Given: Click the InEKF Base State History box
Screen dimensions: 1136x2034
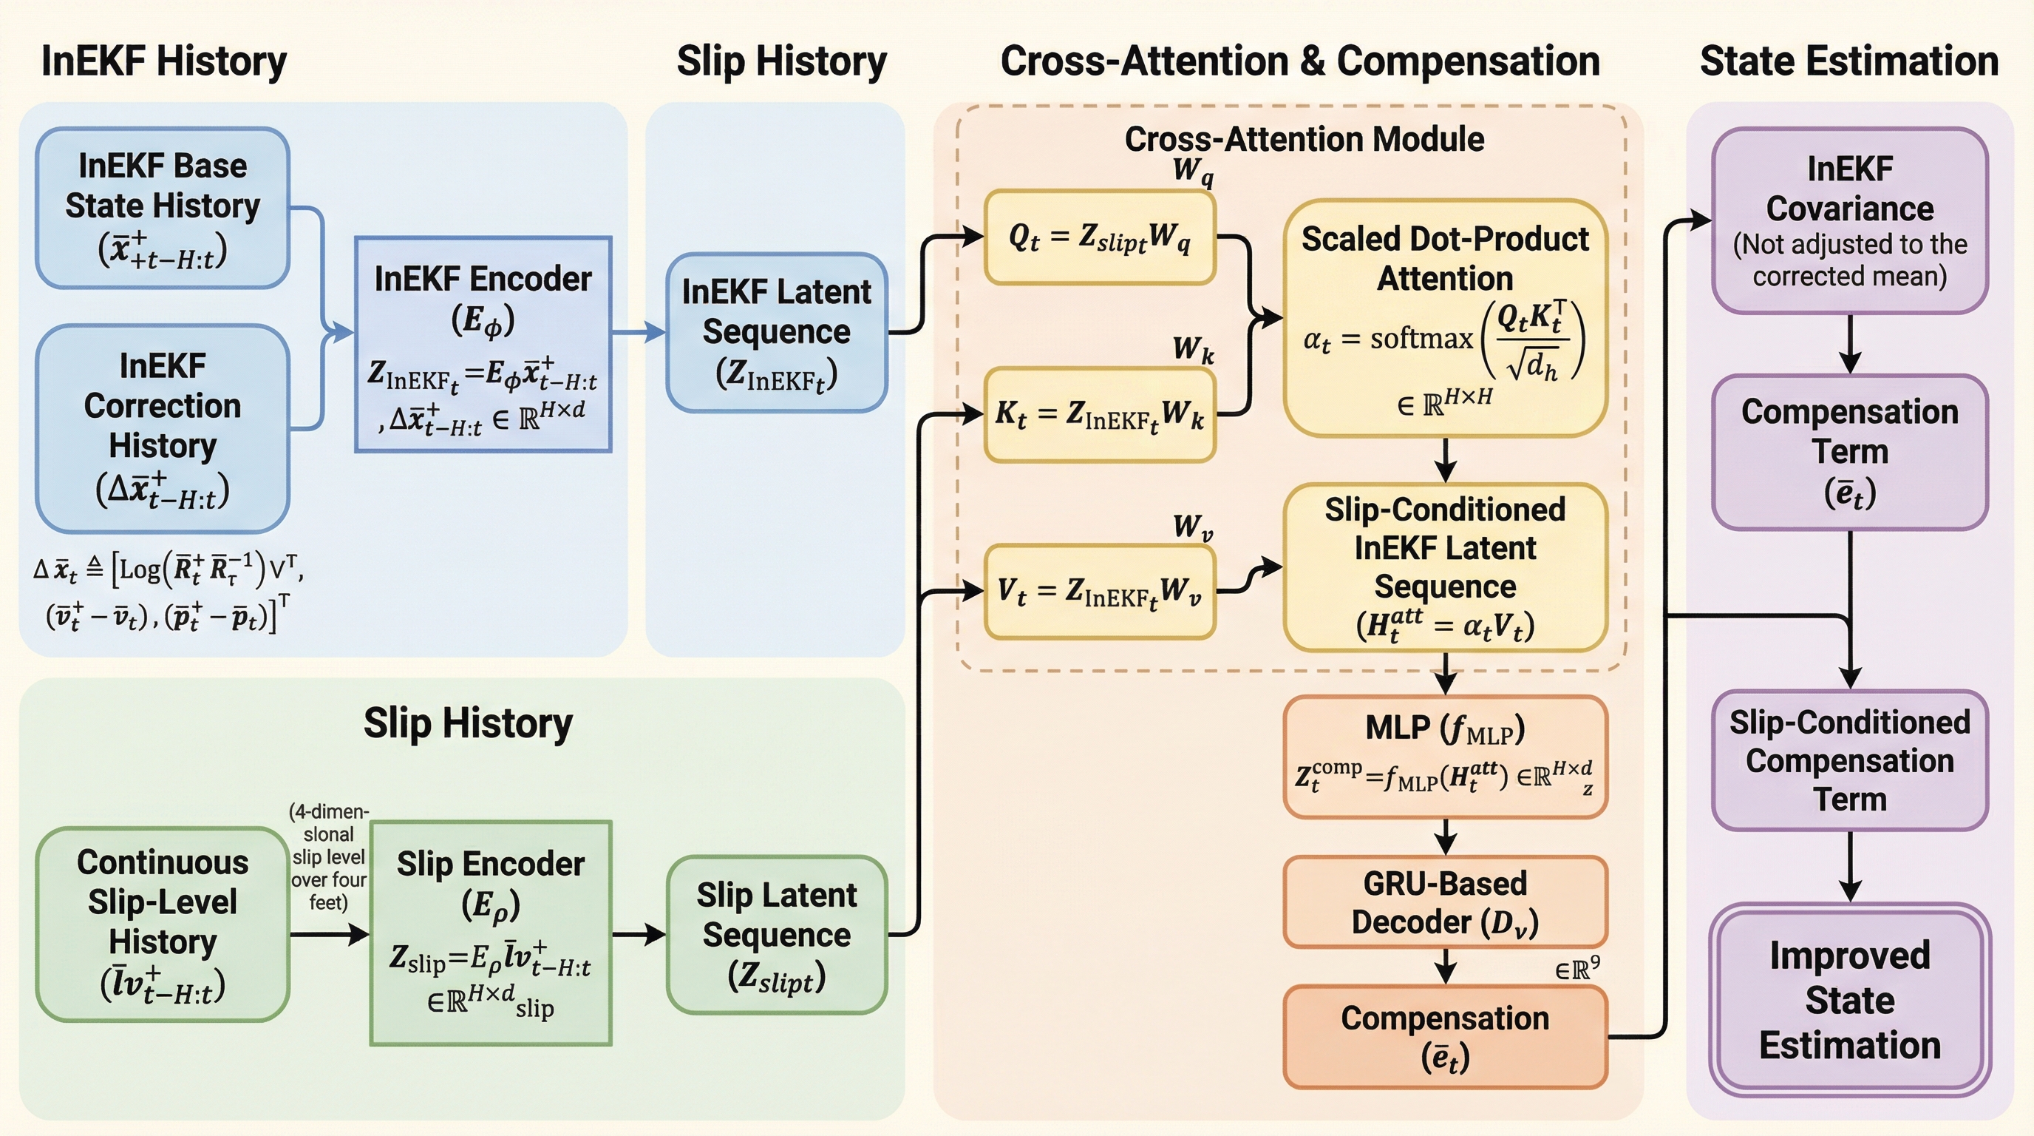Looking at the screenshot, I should point(163,208).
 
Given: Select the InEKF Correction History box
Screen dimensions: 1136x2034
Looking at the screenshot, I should point(163,428).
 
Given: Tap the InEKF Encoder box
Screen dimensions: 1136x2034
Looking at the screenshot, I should point(483,345).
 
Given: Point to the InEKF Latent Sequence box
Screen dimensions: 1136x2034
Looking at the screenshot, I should point(777,333).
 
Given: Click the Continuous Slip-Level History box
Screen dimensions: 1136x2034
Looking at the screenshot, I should point(163,924).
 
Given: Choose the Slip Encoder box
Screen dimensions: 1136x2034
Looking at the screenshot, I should point(490,933).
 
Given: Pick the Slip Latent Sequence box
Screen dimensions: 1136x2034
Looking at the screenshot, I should point(777,935).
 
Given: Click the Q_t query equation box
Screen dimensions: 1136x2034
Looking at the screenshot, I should point(1099,237).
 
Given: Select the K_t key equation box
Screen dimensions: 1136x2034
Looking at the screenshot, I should point(1099,414).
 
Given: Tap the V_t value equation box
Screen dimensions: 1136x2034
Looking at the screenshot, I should point(1099,592).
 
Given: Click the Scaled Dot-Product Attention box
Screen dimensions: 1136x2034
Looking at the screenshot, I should point(1445,317).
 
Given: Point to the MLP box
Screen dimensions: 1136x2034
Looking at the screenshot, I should point(1445,756).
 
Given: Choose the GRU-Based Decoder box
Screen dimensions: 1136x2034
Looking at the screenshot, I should point(1445,902).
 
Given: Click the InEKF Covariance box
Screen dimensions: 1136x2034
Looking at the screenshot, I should point(1849,220).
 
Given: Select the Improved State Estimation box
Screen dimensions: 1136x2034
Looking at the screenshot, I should point(1849,999).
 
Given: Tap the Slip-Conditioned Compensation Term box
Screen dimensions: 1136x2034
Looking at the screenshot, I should point(1849,760).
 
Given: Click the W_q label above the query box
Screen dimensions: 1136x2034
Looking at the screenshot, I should point(1192,171).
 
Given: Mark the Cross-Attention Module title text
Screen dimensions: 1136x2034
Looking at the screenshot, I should point(1304,139).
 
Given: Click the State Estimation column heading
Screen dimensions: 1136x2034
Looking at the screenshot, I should point(1848,61).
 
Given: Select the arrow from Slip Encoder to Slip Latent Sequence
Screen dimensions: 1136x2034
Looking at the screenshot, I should point(638,935).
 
